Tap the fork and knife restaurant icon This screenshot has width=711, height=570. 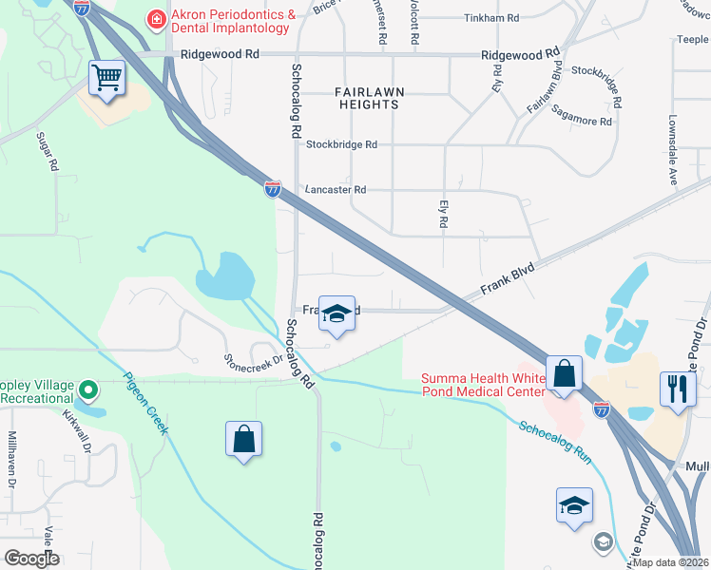coord(678,389)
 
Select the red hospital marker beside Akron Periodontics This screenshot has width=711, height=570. coord(154,18)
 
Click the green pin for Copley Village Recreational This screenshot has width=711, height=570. coord(88,389)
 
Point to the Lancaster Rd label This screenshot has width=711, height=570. coord(336,190)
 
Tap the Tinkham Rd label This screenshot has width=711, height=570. coord(490,18)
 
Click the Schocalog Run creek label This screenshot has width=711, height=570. coord(556,440)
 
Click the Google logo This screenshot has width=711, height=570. coord(31,559)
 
